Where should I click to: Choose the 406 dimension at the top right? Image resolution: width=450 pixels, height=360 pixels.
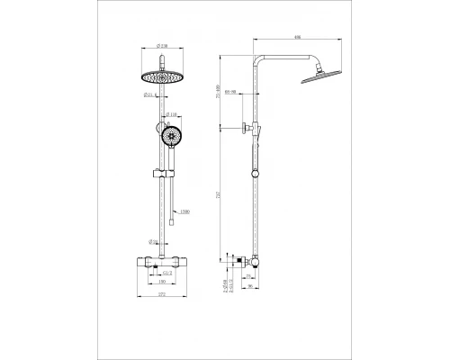point(298,37)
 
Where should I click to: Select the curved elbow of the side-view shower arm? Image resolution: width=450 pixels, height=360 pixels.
point(261,57)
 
